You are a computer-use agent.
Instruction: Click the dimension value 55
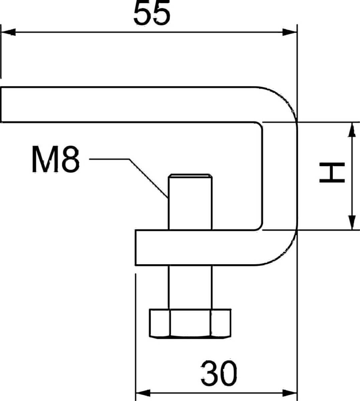point(152,13)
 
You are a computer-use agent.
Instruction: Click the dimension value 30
point(219,373)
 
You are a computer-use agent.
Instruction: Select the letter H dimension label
point(332,173)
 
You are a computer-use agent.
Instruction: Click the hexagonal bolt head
point(190,323)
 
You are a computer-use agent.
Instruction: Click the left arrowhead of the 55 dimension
point(8,32)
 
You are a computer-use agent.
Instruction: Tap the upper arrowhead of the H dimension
point(351,130)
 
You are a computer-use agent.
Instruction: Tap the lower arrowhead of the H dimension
point(351,223)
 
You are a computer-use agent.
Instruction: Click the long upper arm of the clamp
point(127,105)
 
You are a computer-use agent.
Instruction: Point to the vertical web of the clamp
point(279,176)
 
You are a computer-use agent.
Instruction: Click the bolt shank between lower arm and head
point(190,287)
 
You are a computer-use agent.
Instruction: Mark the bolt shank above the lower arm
point(190,204)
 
